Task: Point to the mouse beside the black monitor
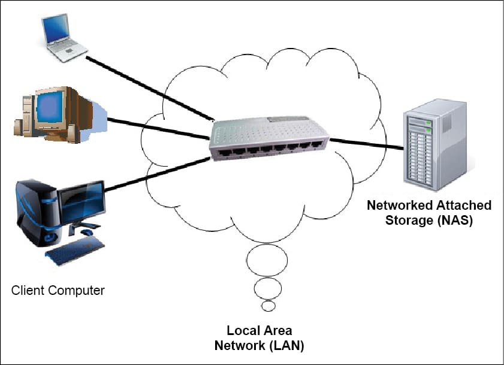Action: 87,232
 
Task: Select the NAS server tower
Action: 434,143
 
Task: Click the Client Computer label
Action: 58,291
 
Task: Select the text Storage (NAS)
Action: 428,221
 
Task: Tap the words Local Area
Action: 259,330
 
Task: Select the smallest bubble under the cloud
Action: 269,306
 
